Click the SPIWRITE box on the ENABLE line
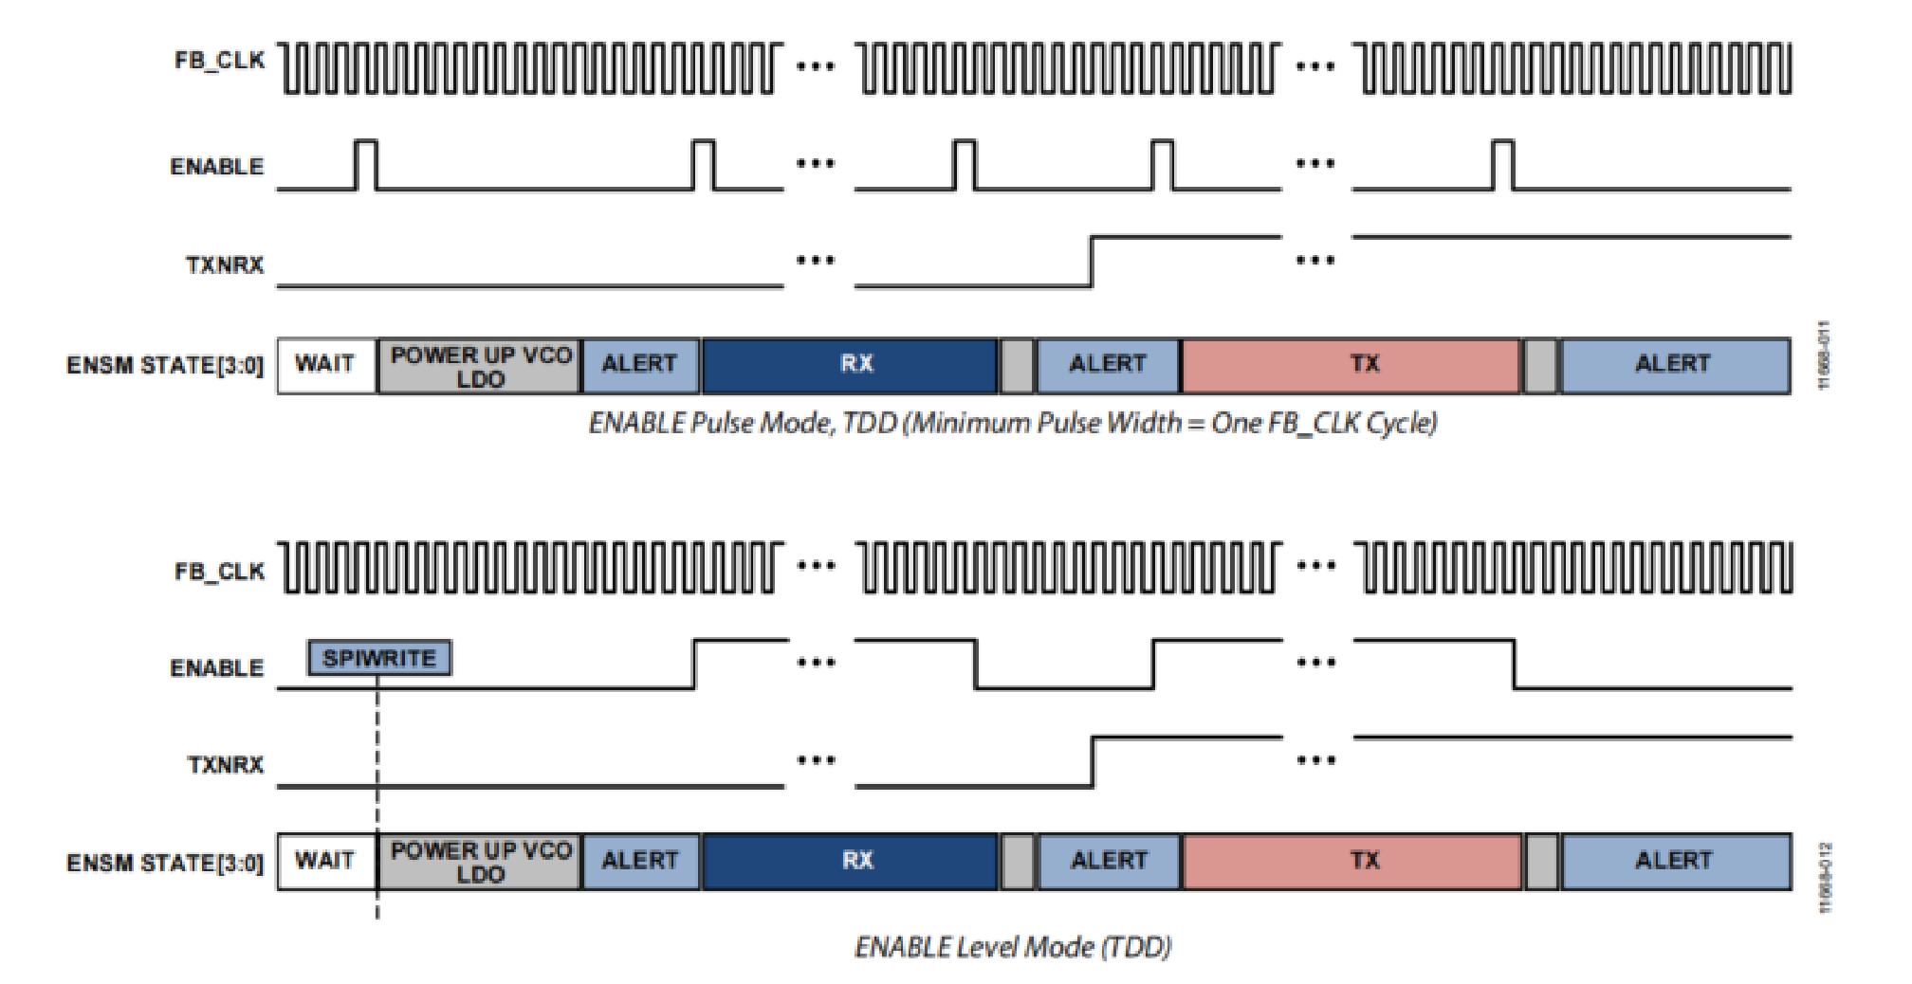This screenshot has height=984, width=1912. tap(379, 658)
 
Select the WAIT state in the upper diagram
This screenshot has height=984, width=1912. tap(325, 365)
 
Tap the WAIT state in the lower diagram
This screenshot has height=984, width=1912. tap(325, 861)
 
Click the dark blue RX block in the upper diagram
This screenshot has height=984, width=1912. tap(850, 365)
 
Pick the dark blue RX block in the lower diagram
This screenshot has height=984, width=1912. tap(850, 861)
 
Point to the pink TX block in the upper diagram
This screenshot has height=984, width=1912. tap(1351, 365)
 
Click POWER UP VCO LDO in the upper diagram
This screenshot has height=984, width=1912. tap(480, 366)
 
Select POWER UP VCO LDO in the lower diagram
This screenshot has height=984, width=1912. tap(480, 862)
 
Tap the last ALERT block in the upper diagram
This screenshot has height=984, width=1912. tap(1674, 365)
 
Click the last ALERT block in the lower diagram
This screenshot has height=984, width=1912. tap(1675, 861)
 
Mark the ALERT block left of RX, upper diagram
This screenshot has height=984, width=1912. tap(640, 365)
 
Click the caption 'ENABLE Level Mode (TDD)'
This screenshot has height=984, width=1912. tap(1013, 947)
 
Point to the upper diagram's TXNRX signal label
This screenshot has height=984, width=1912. tap(225, 264)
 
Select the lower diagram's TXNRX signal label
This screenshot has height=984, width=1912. tap(225, 764)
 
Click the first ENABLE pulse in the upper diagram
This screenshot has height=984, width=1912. tap(366, 165)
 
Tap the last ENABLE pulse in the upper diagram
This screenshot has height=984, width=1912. tap(1503, 165)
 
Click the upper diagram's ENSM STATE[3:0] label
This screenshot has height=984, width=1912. tap(165, 365)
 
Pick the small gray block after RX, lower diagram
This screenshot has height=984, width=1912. tap(1018, 861)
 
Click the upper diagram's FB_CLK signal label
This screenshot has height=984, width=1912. tap(219, 61)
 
